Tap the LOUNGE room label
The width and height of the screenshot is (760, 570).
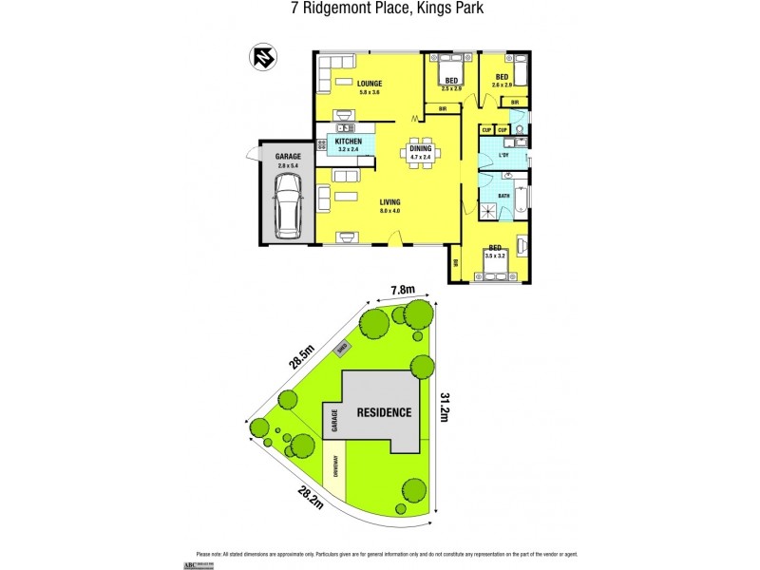click(370, 84)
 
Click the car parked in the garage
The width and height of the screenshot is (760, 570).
click(287, 212)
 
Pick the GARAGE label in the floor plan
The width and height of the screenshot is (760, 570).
click(288, 157)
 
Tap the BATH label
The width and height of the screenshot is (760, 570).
click(503, 196)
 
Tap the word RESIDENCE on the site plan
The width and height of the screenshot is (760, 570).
click(384, 412)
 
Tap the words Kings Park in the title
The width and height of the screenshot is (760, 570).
click(436, 11)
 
